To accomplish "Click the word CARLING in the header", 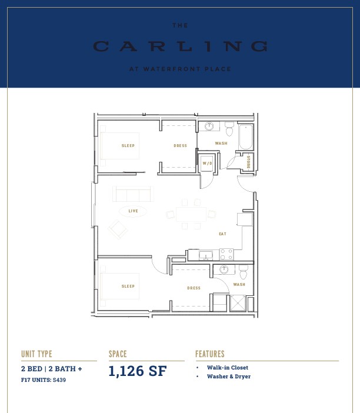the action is (x=180, y=46).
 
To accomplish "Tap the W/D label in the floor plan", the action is (x=207, y=164).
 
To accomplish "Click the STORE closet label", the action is (x=248, y=162).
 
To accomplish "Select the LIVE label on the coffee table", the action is (x=133, y=211).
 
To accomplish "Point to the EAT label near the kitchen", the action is (x=222, y=234).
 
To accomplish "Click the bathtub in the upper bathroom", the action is (x=246, y=136).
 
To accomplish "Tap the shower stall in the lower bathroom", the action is (x=238, y=303).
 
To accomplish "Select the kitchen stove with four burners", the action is (x=226, y=254).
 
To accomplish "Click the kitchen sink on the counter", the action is (x=206, y=255).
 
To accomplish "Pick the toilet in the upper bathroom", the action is (x=229, y=128).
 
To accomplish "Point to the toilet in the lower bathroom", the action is (x=244, y=272).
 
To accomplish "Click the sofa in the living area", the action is (x=133, y=194).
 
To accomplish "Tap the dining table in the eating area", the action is (x=191, y=214).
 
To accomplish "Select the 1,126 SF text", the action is (x=138, y=371).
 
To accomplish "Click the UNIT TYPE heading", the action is (x=36, y=354).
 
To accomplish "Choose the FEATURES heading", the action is (x=210, y=354).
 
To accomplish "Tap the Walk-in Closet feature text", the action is (x=228, y=368).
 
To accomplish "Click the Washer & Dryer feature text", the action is (x=229, y=377).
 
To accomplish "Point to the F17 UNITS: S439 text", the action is (x=44, y=380).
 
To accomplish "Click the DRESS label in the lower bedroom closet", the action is (x=194, y=288).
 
